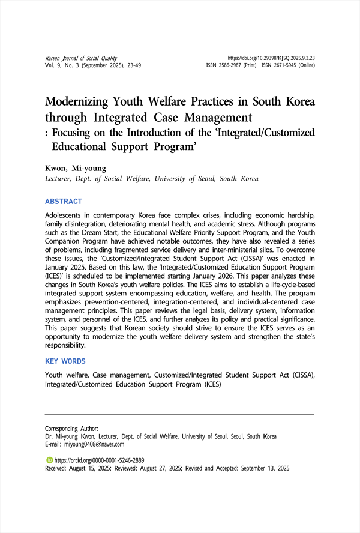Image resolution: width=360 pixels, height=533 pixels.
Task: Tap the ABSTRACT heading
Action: pos(64,202)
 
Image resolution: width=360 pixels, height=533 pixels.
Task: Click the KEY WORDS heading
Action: pos(65,361)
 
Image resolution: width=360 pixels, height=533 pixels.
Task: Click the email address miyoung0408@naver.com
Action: pos(94,445)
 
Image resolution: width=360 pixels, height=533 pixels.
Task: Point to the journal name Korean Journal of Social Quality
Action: pos(81,58)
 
